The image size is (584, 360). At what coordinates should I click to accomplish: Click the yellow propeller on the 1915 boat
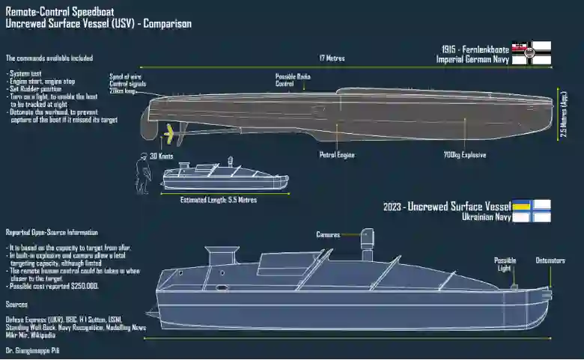173,135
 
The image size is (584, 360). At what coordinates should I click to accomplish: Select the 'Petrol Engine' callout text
337,155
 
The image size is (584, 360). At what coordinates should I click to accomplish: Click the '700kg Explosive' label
464,155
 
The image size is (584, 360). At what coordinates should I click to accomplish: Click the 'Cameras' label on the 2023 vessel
328,234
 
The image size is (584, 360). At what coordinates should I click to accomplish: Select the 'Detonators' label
550,260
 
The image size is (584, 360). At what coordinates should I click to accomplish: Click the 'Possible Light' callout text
505,264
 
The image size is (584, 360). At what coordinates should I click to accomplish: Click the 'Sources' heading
16,305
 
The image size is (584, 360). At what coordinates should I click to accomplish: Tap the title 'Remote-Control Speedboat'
55,10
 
